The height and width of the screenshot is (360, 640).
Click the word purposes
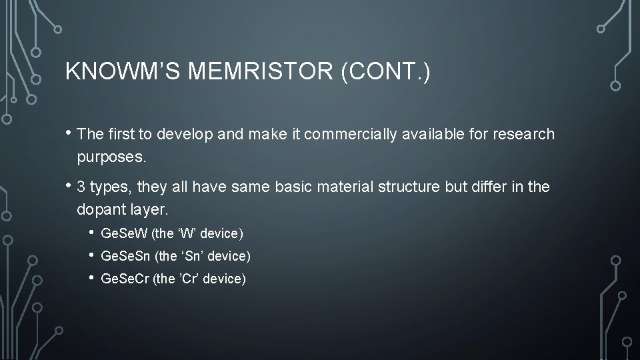pos(110,158)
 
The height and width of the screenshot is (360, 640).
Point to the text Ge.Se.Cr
pos(125,279)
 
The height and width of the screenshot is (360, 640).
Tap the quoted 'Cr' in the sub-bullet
pos(187,279)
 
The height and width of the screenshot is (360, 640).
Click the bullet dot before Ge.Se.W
pos(91,233)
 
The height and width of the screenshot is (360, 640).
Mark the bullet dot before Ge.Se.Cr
pos(91,279)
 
